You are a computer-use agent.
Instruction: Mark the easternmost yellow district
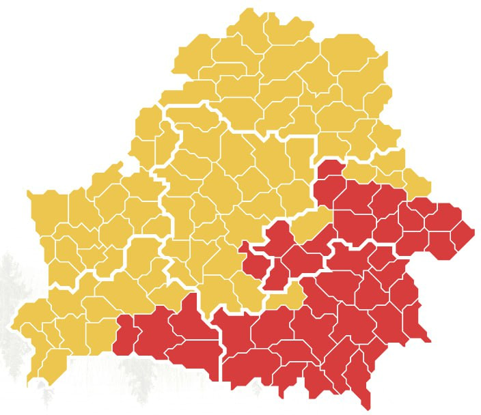pyautogui.click(x=418, y=184)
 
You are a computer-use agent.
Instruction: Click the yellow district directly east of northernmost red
pyautogui.click(x=358, y=171)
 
